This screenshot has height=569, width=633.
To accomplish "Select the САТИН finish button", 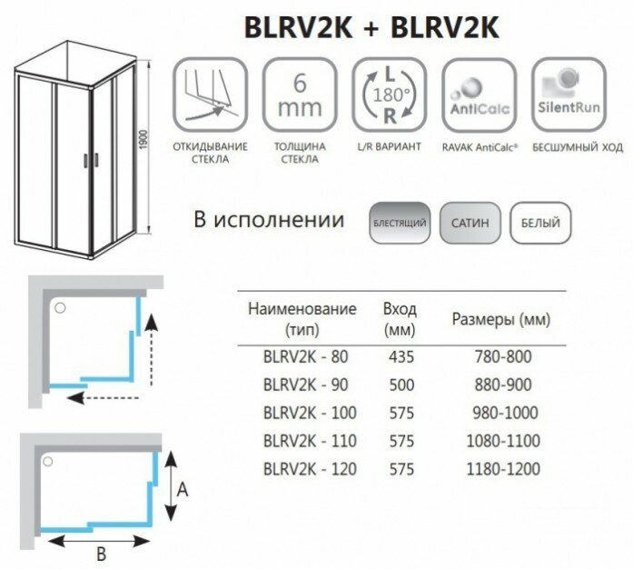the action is coord(468,223).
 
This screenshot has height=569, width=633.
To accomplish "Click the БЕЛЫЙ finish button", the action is coord(535,223).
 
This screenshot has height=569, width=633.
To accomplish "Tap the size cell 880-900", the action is coord(502,385).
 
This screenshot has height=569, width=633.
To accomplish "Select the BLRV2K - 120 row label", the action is coord(303,470).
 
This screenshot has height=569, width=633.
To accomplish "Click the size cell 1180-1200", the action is coord(502,470).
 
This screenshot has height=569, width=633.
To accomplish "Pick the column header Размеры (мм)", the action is coord(500,320).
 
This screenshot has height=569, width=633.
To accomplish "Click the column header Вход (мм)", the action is coord(400,317).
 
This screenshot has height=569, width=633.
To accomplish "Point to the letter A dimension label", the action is coord(182,491).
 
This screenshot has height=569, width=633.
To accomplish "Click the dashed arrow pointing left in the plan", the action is coord(104,397).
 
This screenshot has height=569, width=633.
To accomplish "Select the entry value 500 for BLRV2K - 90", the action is coord(400,385).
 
